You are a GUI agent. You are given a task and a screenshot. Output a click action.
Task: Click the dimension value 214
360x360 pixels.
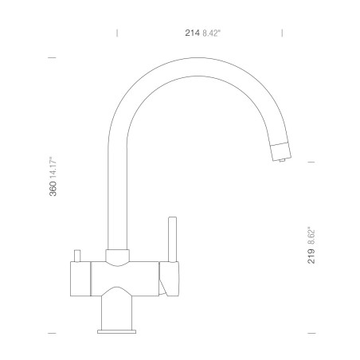[x=192, y=33]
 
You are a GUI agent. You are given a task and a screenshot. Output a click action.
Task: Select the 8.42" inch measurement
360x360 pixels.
[x=212, y=33]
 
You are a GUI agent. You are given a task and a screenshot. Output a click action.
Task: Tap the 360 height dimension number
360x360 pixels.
[x=53, y=189]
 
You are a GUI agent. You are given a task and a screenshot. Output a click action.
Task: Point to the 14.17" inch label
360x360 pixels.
[x=53, y=167]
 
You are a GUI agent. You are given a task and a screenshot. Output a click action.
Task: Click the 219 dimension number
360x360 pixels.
[x=311, y=256]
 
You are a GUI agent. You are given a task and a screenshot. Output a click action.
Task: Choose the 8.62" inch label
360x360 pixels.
[x=311, y=236]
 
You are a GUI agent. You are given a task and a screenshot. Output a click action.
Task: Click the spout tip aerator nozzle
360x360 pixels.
[x=281, y=152]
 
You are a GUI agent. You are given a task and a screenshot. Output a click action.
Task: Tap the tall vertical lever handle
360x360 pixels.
[x=173, y=240]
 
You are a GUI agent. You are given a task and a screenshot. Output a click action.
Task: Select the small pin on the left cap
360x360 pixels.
[x=77, y=256]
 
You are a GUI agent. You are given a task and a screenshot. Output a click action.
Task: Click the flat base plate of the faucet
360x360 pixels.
[x=117, y=331]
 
